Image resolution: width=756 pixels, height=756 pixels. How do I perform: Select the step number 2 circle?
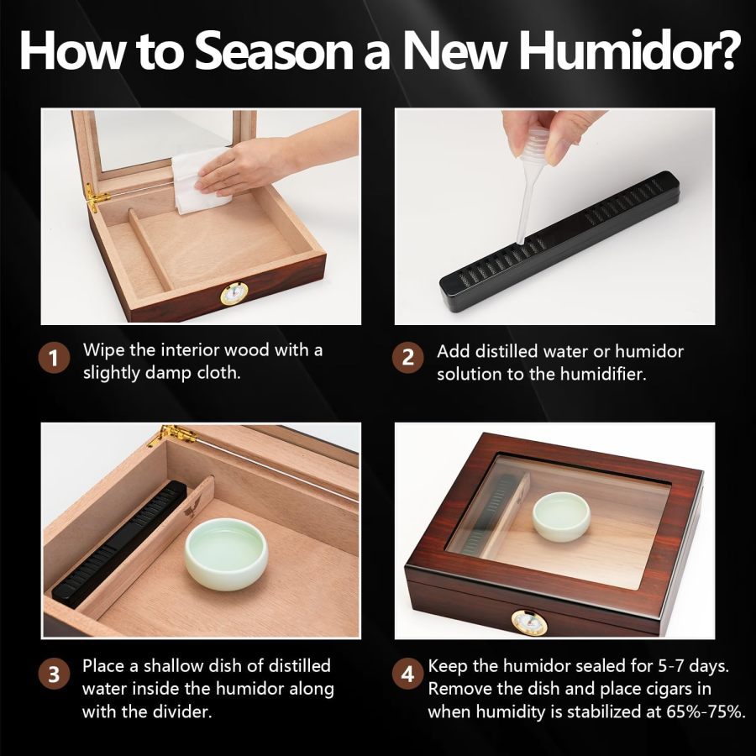[x=407, y=360]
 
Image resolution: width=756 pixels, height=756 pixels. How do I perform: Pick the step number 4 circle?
[x=407, y=674]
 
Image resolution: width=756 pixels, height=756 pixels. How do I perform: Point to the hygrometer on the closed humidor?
[x=528, y=622]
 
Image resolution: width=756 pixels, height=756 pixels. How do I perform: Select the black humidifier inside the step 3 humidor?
[x=118, y=546]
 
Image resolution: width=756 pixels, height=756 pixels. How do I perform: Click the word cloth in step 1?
[x=218, y=373]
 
